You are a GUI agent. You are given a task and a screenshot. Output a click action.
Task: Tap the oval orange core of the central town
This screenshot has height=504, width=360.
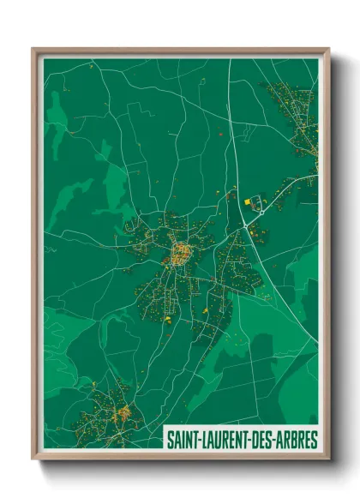[182, 253]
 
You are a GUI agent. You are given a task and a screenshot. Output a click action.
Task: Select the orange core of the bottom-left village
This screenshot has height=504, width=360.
[123, 414]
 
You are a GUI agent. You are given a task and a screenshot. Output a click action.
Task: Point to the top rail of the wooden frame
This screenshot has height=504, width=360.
[180, 51]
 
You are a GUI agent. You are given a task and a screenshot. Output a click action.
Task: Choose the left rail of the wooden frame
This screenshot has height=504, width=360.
[35, 257]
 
